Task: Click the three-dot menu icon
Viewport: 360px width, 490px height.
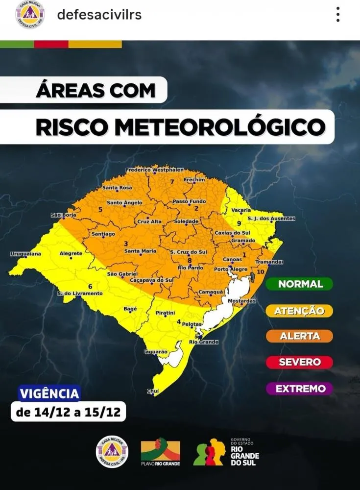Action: (x=338, y=15)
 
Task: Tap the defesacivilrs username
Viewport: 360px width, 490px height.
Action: (x=99, y=15)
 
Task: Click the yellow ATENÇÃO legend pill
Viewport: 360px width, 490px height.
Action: (x=299, y=311)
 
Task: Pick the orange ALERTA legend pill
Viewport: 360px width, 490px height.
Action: (x=299, y=336)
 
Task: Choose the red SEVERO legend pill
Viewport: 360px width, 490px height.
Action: (x=299, y=363)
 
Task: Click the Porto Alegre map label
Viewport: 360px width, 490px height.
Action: (x=231, y=269)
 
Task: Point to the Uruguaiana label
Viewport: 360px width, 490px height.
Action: (x=25, y=254)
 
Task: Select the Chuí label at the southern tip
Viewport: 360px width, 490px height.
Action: (x=153, y=391)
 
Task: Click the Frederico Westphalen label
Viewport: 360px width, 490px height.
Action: (x=154, y=170)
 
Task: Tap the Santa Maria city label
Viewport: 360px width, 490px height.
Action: (x=140, y=251)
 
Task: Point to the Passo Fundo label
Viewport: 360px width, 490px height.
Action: (x=190, y=201)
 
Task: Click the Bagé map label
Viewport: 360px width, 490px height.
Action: (x=130, y=309)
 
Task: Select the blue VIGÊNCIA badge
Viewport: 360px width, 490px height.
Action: (x=49, y=393)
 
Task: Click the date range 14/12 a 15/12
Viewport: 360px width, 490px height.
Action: (x=69, y=412)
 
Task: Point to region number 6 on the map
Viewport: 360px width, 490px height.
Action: (x=90, y=286)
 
